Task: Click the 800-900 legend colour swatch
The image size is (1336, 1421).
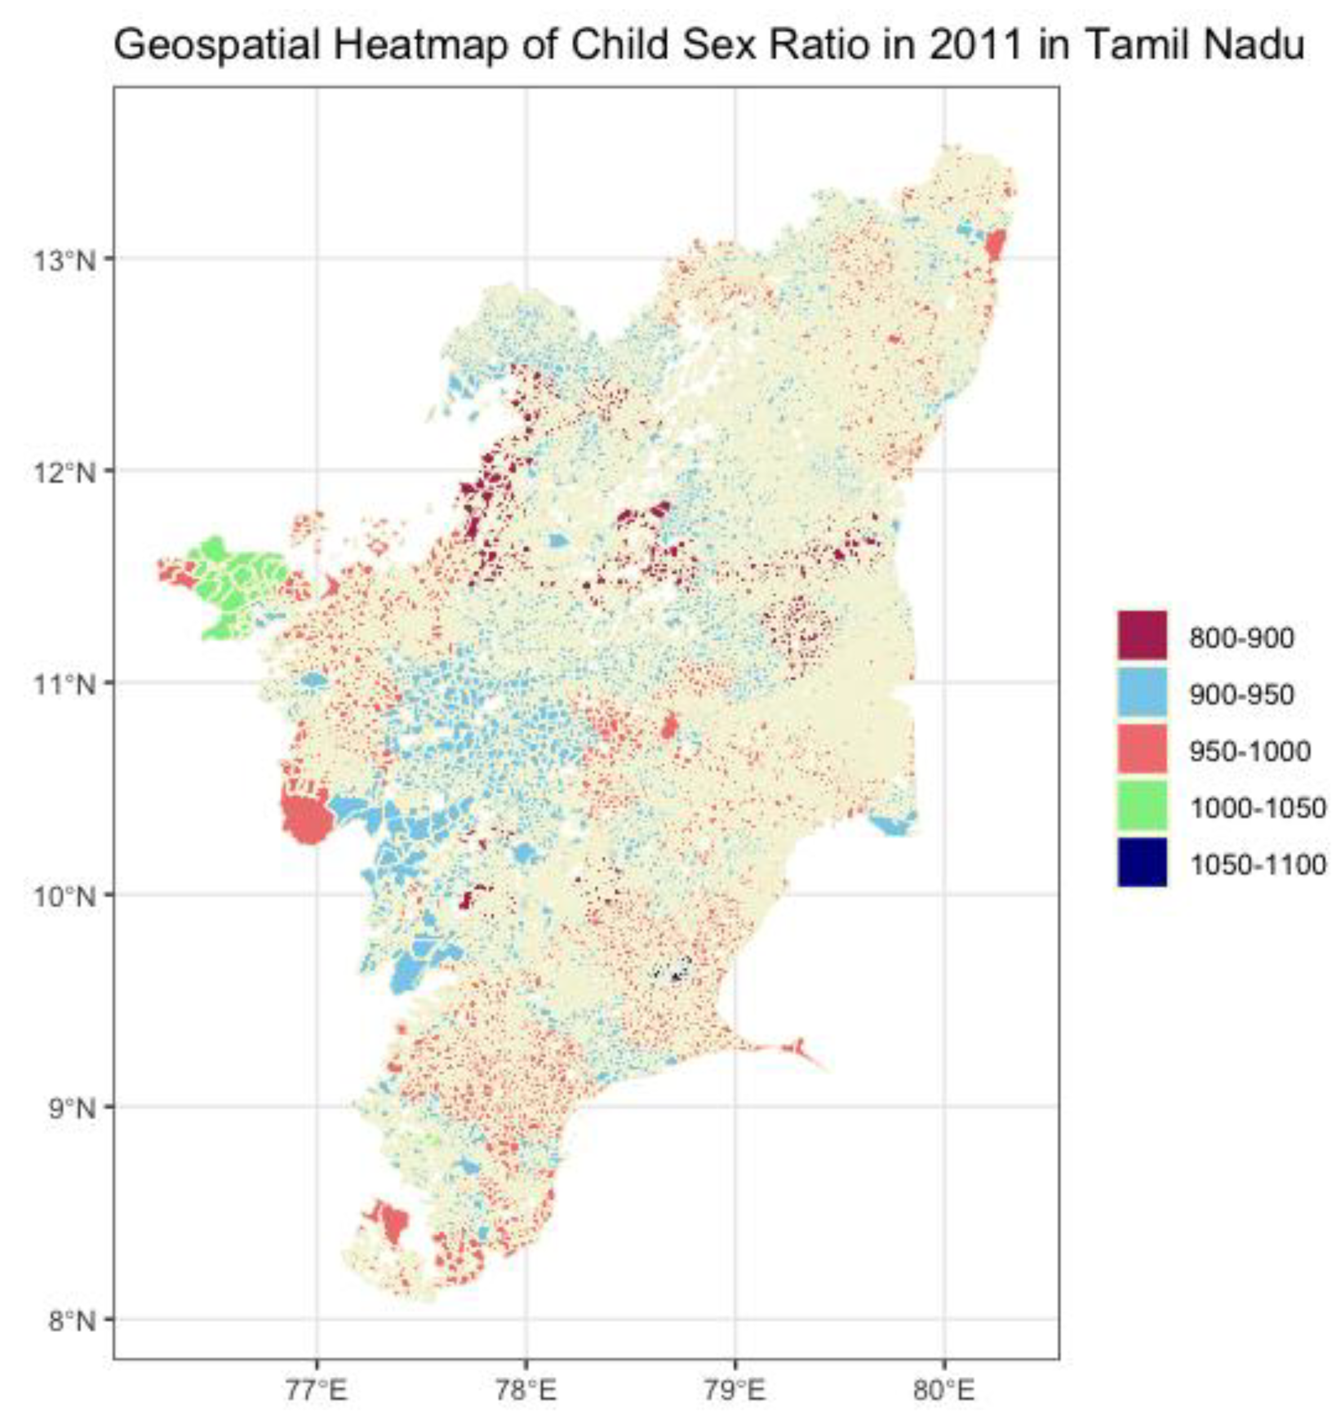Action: pyautogui.click(x=1141, y=635)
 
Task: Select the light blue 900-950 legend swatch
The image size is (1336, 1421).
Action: pyautogui.click(x=1141, y=692)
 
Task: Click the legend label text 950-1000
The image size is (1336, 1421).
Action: pyautogui.click(x=1249, y=750)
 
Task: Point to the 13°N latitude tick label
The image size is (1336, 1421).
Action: pyautogui.click(x=63, y=260)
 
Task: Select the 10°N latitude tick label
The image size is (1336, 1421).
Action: pyautogui.click(x=63, y=895)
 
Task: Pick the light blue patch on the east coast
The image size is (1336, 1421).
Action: pyautogui.click(x=892, y=824)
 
